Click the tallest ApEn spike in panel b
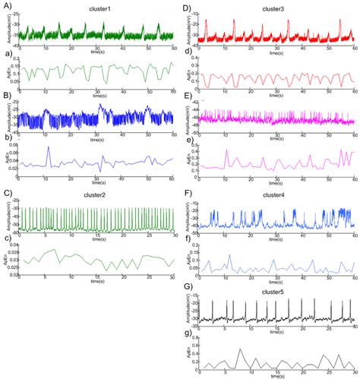pyautogui.click(x=48, y=147)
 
